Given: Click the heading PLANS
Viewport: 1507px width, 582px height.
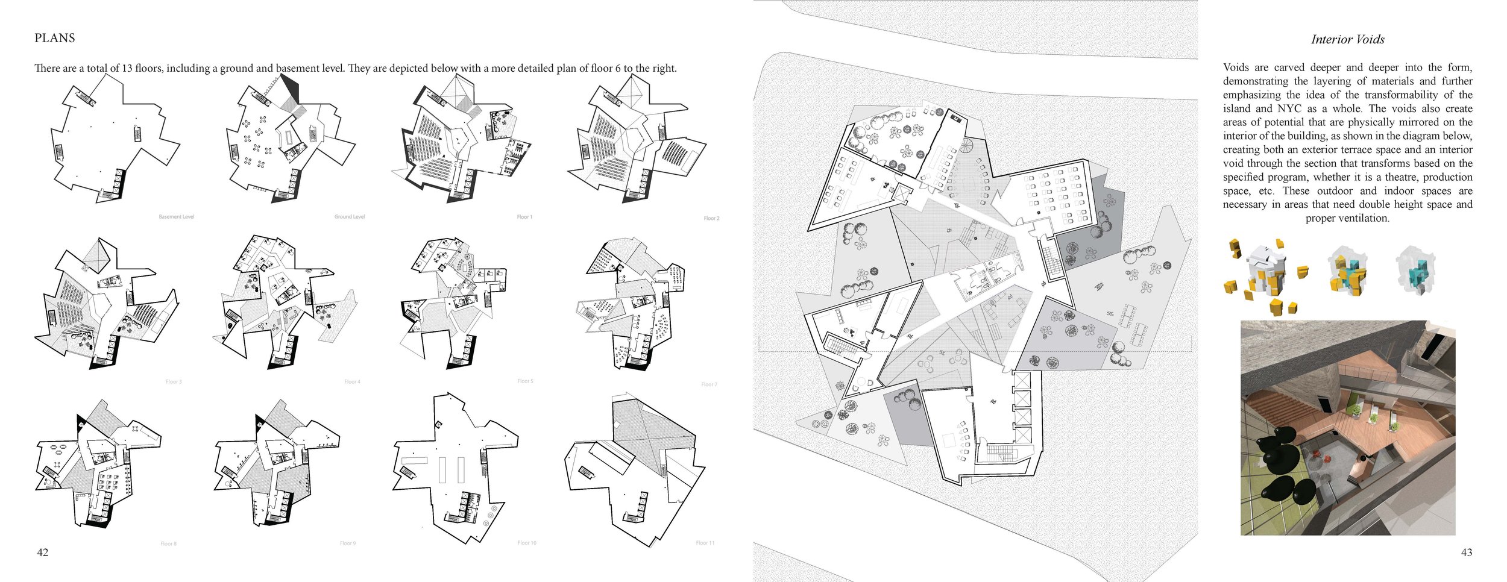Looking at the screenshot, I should point(55,38).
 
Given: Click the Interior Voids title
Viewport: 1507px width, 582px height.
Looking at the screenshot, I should point(1347,40).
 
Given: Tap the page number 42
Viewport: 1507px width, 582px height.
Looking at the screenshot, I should point(43,552).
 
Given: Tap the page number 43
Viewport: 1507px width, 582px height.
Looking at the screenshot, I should point(1467,552).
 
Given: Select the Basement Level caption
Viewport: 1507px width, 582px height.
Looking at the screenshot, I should point(176,217).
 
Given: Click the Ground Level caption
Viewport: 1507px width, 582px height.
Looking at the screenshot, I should point(350,217).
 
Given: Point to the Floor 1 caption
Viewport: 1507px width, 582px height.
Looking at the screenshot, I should point(524,217).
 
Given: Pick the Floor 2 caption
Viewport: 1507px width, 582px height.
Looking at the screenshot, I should point(711,218).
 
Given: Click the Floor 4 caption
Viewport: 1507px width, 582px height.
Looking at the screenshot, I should point(352,382).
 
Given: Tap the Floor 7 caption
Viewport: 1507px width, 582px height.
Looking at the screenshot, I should point(709,384).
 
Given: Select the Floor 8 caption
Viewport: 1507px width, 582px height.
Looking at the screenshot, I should point(168,544).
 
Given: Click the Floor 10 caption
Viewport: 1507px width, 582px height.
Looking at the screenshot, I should point(526,543).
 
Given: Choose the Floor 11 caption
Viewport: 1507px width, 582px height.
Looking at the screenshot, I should point(705,543).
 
